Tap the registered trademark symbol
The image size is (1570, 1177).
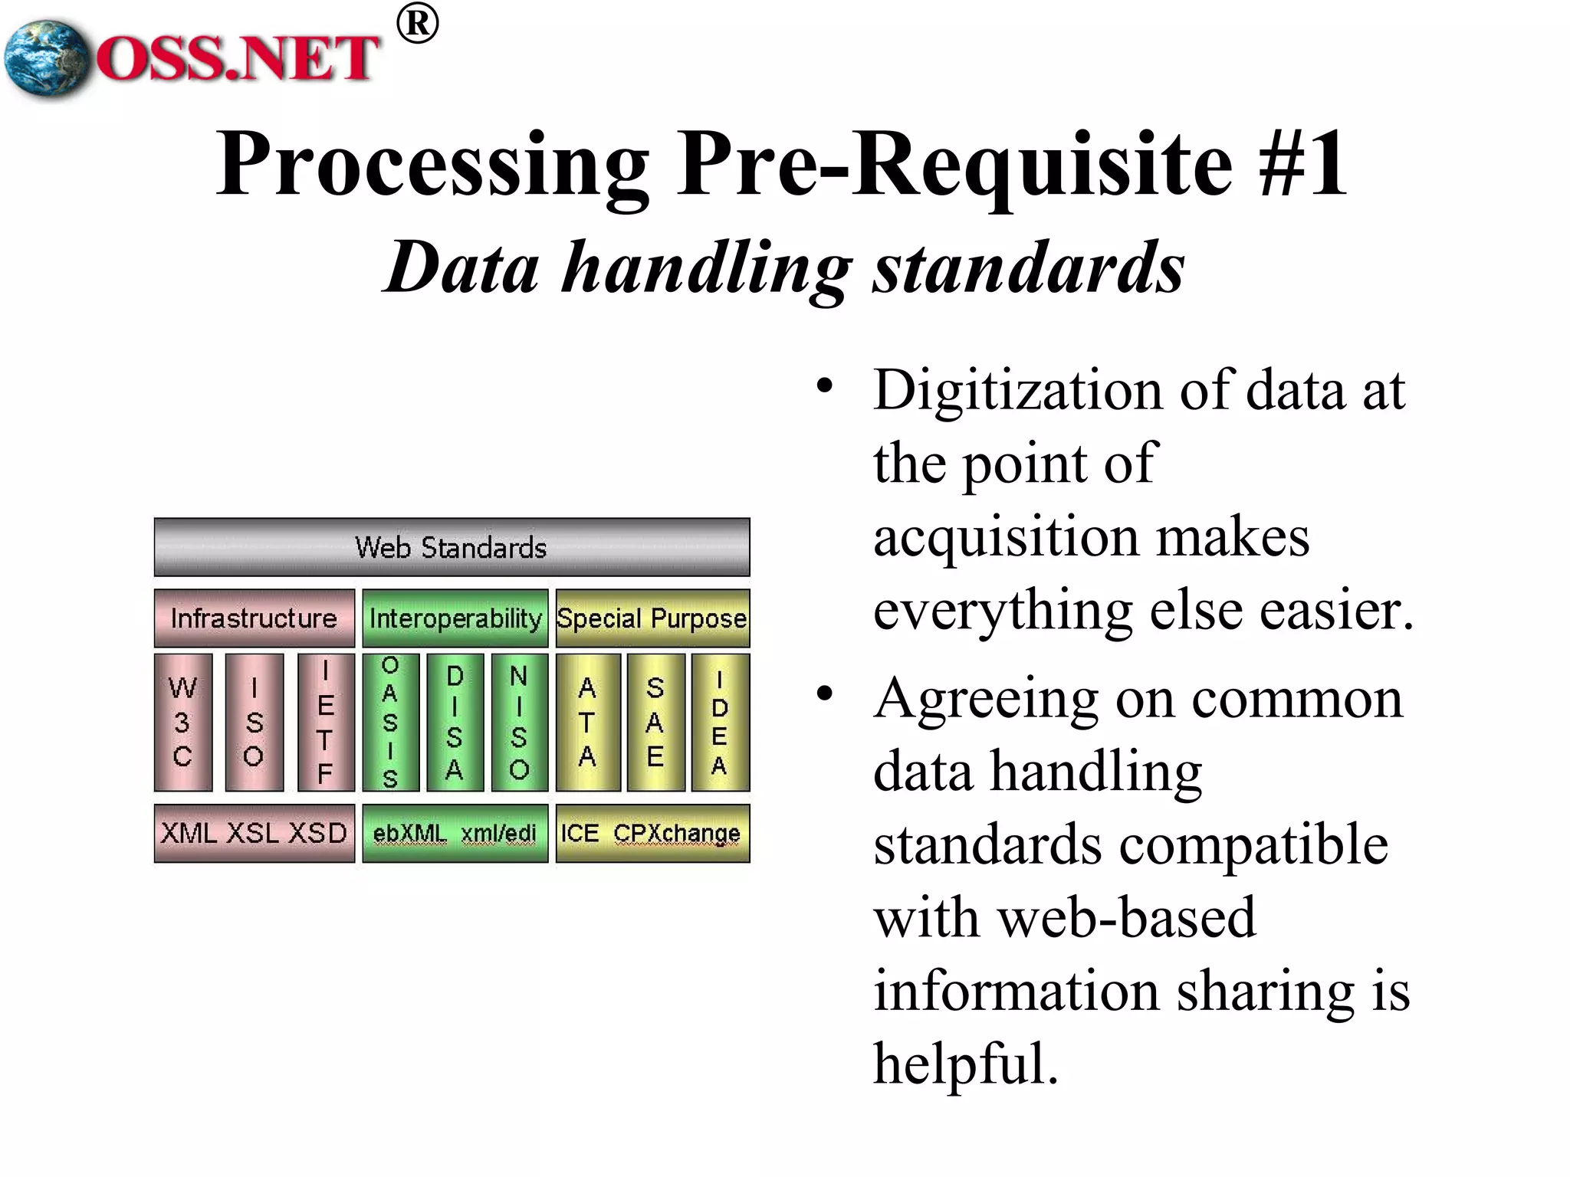pyautogui.click(x=418, y=25)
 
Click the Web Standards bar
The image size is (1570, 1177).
pyautogui.click(x=452, y=547)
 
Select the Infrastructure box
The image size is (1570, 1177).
pyautogui.click(x=254, y=618)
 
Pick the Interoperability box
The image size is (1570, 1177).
pyautogui.click(x=455, y=618)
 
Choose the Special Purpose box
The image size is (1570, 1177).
pyautogui.click(x=652, y=618)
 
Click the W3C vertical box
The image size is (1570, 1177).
pyautogui.click(x=183, y=722)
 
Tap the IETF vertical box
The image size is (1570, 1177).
pyautogui.click(x=326, y=722)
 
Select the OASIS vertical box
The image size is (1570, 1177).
pyautogui.click(x=390, y=722)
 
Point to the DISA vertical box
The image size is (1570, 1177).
pyautogui.click(x=455, y=722)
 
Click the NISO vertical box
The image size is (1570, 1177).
pyautogui.click(x=519, y=722)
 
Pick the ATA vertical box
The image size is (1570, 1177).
pyautogui.click(x=587, y=722)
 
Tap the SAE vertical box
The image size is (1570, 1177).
pyautogui.click(x=655, y=722)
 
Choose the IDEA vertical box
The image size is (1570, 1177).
pyautogui.click(x=720, y=722)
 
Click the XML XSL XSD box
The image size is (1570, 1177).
pyautogui.click(x=254, y=833)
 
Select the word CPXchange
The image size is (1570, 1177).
pyautogui.click(x=677, y=834)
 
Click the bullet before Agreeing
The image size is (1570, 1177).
pyautogui.click(x=824, y=694)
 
